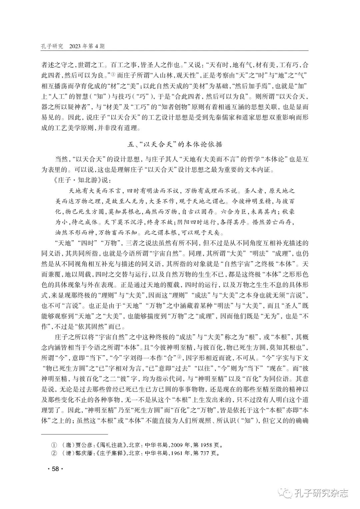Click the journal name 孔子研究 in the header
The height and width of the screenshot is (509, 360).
[x=52, y=46]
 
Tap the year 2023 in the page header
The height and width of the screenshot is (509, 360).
[x=76, y=46]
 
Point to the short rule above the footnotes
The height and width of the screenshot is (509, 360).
[x=75, y=434]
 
